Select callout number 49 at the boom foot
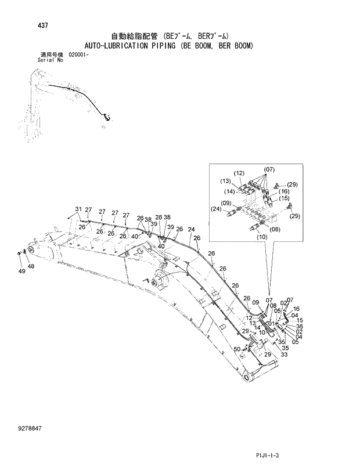21,271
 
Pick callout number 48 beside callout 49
31,266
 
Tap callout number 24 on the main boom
191,229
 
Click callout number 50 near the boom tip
237,349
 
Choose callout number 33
284,354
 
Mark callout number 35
285,348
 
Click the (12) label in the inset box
239,173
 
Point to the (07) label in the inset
269,169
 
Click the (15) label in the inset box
283,198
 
